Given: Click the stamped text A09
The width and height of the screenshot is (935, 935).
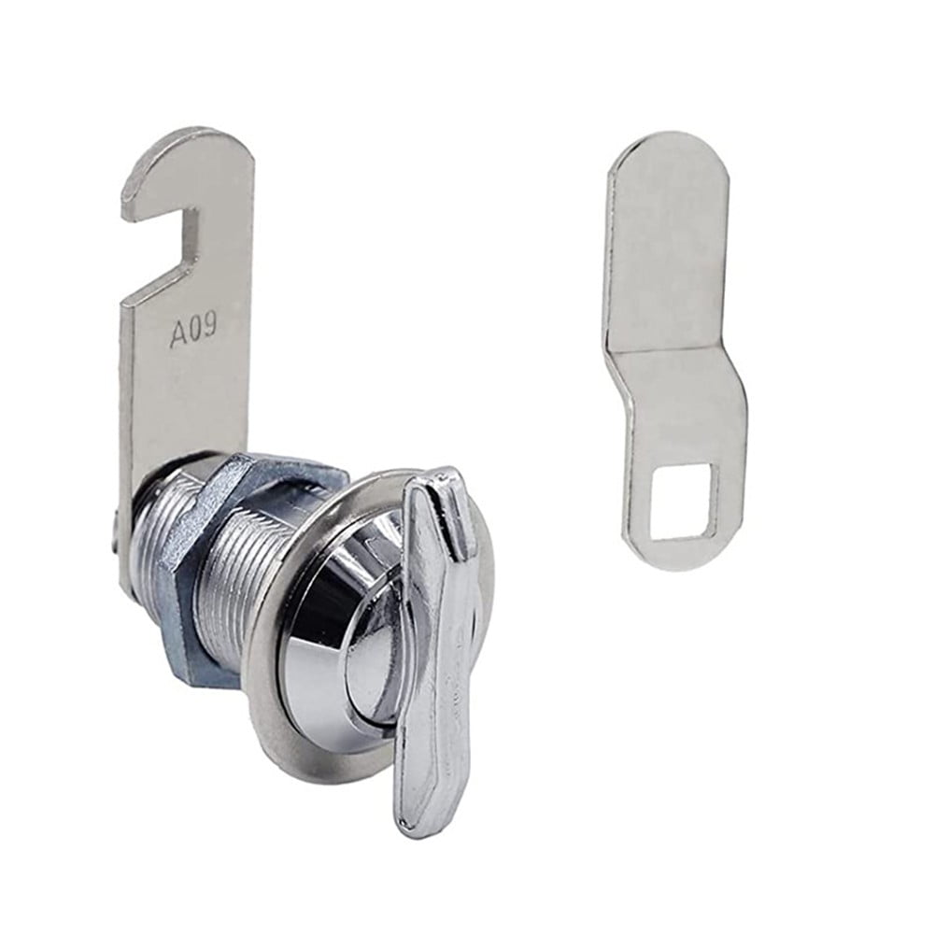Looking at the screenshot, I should (193, 332).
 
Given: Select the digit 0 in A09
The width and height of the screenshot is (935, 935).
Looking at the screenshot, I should (194, 332).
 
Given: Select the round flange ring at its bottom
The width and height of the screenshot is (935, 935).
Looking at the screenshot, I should (318, 766).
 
